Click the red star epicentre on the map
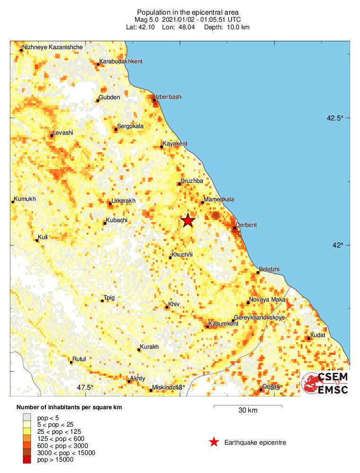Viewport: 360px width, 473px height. click(188, 220)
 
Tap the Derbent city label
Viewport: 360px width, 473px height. click(246, 225)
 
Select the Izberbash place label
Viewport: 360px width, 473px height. click(169, 97)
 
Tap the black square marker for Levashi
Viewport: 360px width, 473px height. click(51, 136)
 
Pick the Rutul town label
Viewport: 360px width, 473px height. click(79, 359)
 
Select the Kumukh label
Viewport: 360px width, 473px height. click(25, 199)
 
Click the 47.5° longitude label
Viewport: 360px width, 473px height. click(86, 387)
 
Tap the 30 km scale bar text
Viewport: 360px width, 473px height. click(248, 410)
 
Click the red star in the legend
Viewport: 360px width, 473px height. click(214, 442)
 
